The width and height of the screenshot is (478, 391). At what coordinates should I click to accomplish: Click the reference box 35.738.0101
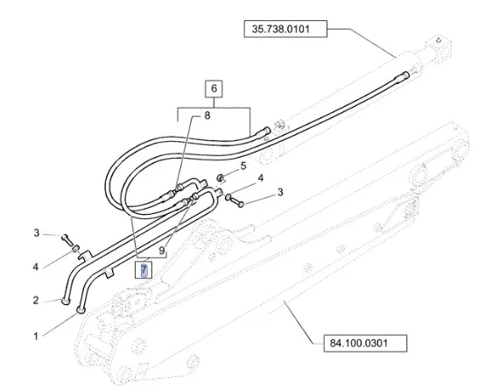point(285,29)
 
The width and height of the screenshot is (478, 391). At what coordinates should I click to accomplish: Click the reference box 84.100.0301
point(365,343)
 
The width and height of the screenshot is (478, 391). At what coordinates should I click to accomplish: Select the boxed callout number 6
point(214,89)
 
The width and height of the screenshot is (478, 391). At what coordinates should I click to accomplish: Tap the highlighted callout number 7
point(144,270)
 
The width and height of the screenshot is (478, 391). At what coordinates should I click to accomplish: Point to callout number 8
point(207,116)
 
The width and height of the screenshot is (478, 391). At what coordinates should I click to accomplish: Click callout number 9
point(162,251)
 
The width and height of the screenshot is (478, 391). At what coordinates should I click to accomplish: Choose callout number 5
point(243,167)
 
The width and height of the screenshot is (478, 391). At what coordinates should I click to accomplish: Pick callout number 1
point(36,337)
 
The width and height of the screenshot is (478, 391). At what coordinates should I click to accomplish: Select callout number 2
point(36,301)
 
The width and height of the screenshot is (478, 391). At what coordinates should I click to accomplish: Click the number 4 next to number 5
point(260,178)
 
